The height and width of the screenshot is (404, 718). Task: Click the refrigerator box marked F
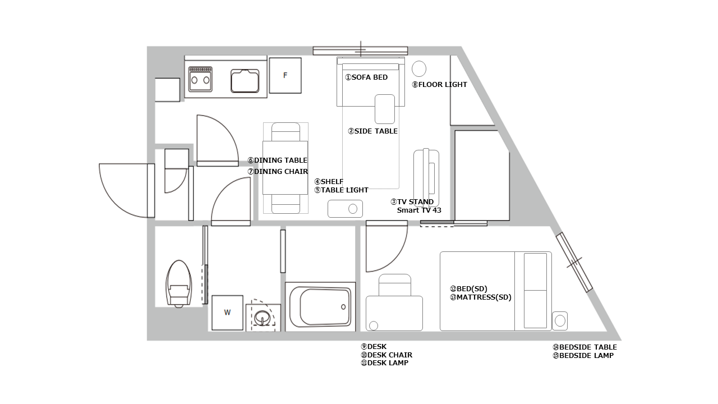[x=285, y=75]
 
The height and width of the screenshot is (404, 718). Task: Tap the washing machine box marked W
[x=227, y=313]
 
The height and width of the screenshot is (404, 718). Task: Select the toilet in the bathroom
[x=179, y=284]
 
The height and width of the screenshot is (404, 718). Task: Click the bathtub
[x=320, y=306]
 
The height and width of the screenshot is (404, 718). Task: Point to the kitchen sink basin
[x=245, y=81]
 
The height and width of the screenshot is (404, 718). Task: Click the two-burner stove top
[x=200, y=79]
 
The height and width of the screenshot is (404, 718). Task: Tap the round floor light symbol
[x=419, y=68]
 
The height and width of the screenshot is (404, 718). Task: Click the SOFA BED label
[x=366, y=77]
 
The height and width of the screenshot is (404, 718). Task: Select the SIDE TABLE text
[x=373, y=131]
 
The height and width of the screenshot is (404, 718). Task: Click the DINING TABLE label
[x=278, y=160]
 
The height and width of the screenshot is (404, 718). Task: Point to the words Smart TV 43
[x=419, y=210]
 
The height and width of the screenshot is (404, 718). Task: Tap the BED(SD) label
[x=468, y=289]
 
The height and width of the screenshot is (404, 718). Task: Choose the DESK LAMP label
[x=385, y=363]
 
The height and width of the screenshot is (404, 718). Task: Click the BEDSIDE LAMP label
[x=583, y=356]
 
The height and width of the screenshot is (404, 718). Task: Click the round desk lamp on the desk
[x=374, y=326]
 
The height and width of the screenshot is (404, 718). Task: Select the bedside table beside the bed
[x=560, y=320]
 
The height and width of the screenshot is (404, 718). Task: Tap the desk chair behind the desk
[x=394, y=284]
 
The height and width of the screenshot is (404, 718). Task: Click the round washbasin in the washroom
[x=263, y=318]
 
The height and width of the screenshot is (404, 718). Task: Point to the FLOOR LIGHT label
[x=439, y=85]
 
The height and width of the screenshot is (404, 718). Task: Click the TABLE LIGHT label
[x=342, y=190]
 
